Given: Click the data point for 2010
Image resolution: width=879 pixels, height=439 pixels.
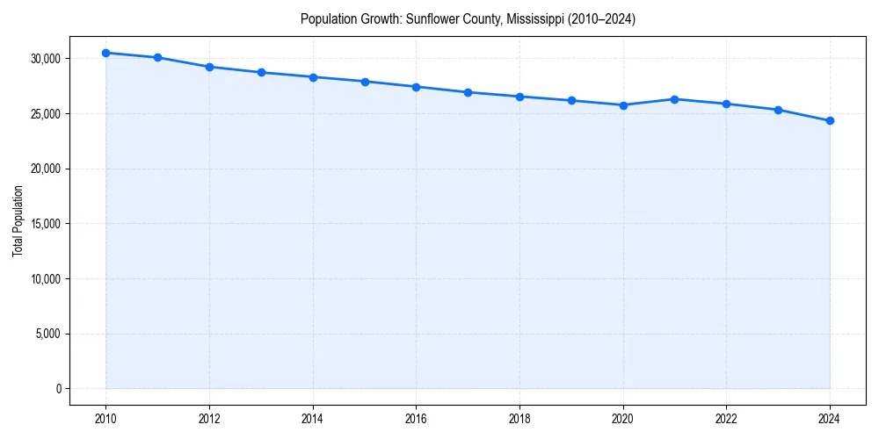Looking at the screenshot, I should click(106, 53).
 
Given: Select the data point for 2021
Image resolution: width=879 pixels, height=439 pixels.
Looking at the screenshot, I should click(674, 99).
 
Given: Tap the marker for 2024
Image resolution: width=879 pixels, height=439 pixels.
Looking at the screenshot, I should click(830, 120).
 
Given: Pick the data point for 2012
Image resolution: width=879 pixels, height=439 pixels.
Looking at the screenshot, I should click(209, 67).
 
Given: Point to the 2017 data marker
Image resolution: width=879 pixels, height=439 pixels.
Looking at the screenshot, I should click(468, 92).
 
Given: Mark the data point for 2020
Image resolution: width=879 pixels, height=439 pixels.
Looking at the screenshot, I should click(623, 105).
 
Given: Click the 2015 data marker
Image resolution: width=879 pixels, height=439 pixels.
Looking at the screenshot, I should click(365, 82).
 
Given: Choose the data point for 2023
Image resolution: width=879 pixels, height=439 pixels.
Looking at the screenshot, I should click(778, 110).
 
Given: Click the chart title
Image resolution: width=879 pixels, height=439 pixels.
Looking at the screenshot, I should click(468, 18).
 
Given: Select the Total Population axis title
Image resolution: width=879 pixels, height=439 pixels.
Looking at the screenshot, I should click(18, 220).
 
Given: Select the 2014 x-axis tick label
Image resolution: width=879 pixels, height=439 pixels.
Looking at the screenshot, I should click(313, 419).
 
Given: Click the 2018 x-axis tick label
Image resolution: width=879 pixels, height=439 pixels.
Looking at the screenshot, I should click(519, 419).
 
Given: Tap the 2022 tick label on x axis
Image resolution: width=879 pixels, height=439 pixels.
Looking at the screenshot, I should click(726, 419).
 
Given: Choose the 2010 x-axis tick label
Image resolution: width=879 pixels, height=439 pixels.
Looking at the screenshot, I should click(106, 419).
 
